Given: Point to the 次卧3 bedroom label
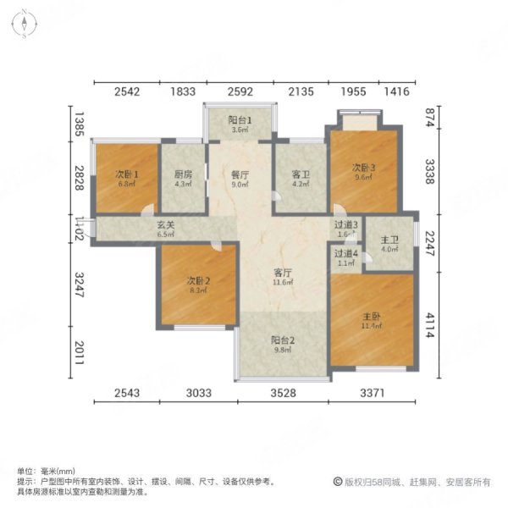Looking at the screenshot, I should (x=363, y=167).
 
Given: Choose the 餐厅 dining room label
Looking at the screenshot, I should (x=240, y=174).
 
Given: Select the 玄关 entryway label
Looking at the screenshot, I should (x=165, y=225).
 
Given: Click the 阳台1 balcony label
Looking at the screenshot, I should (x=239, y=119).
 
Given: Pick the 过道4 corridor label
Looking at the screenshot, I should (x=345, y=253).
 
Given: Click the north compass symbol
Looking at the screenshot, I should (x=26, y=23).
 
